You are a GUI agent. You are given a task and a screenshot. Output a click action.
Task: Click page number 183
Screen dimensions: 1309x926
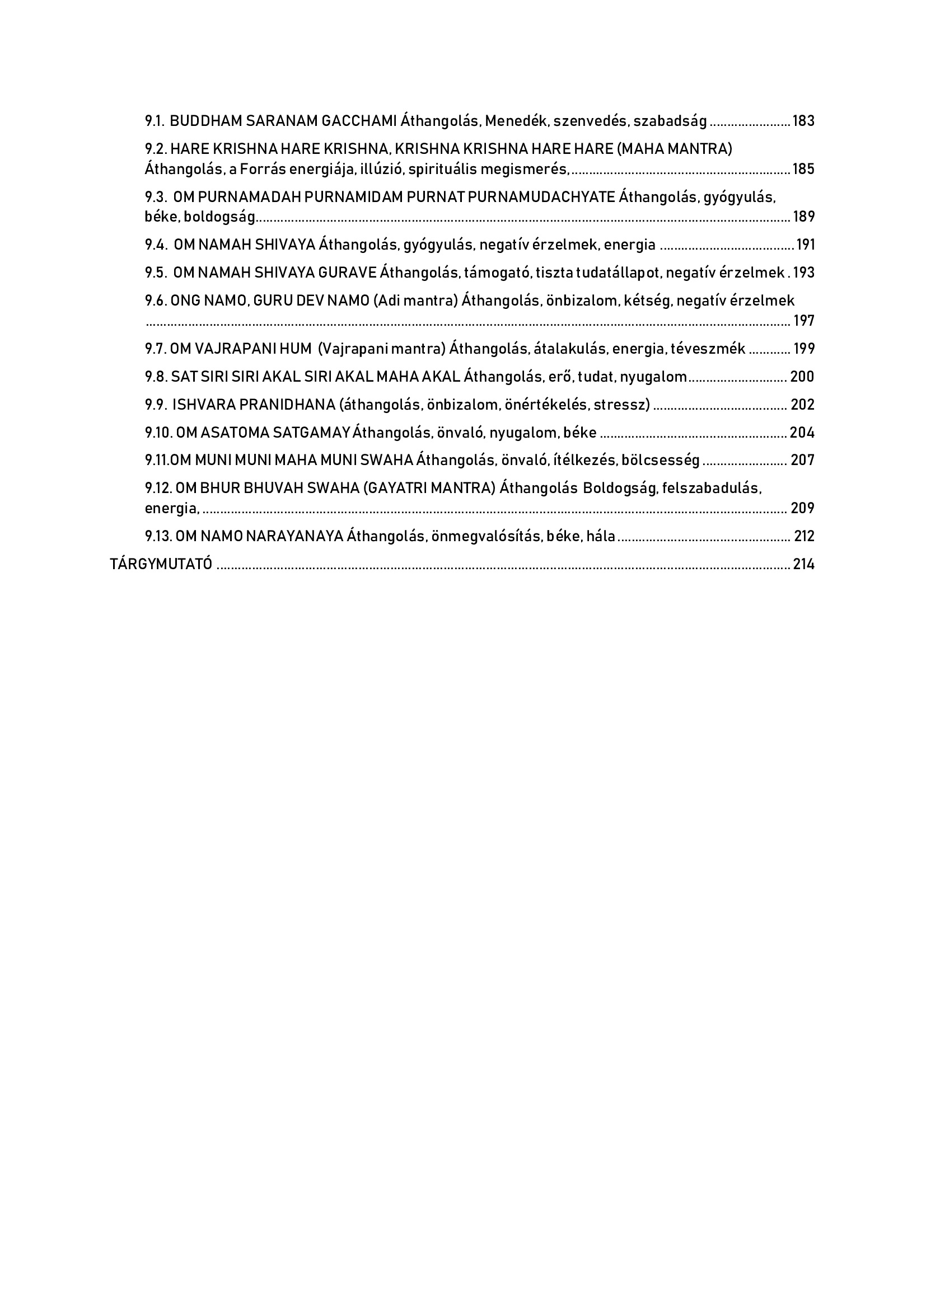click(803, 121)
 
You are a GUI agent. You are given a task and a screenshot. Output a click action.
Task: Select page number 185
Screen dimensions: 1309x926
click(803, 169)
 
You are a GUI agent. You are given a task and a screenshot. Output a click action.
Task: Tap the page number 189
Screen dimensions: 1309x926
click(803, 217)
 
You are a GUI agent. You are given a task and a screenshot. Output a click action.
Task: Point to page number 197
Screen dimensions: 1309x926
click(803, 321)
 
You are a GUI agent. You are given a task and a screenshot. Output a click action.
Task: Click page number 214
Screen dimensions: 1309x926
click(803, 565)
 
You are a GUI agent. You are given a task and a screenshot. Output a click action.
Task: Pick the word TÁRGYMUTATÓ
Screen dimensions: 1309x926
click(161, 565)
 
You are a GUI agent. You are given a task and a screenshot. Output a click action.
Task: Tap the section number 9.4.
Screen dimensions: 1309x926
click(156, 245)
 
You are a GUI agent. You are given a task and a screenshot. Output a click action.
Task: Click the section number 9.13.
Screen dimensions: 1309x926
click(158, 536)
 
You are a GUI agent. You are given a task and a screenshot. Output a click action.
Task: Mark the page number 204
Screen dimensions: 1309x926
click(802, 433)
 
